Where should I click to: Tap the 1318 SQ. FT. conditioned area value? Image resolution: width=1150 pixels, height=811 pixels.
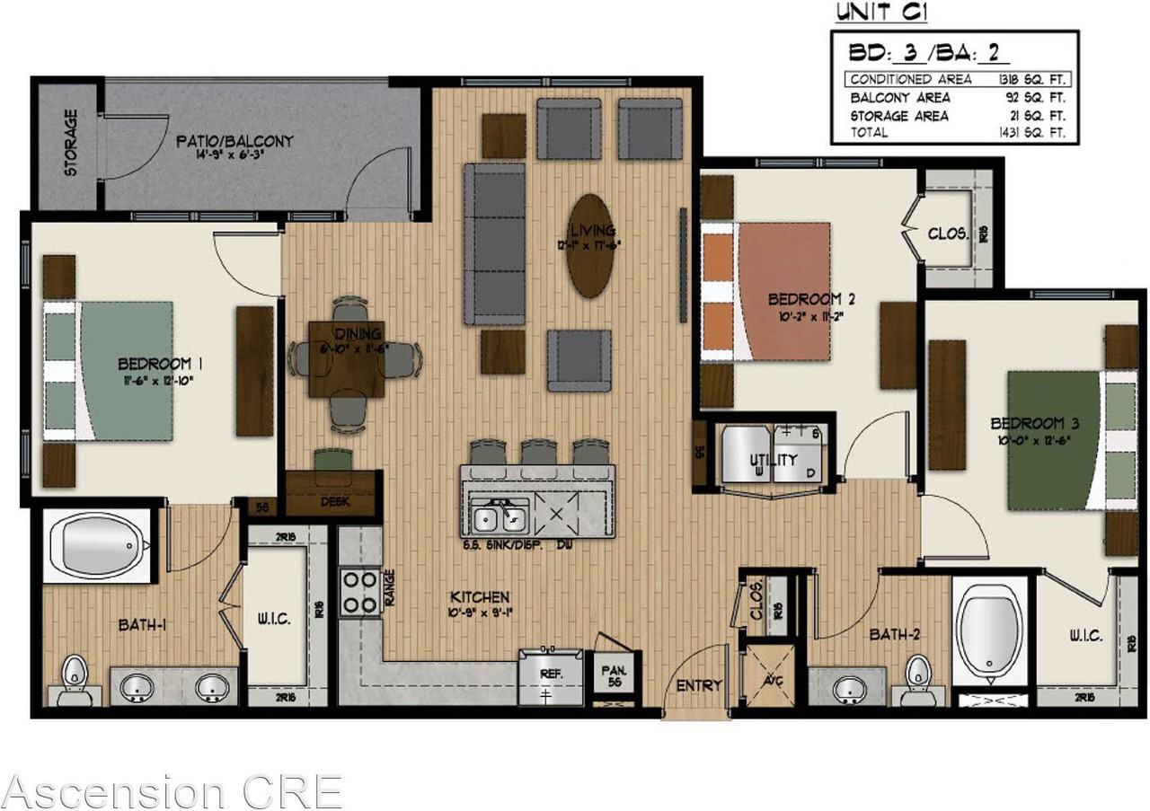pyautogui.click(x=1031, y=79)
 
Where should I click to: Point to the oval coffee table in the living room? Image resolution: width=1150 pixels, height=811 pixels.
pyautogui.click(x=590, y=245)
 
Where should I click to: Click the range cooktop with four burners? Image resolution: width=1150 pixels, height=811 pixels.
pyautogui.click(x=359, y=592)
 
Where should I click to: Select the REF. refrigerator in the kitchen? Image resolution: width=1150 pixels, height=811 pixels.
pyautogui.click(x=549, y=678)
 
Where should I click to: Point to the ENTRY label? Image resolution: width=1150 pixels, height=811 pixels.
pyautogui.click(x=699, y=686)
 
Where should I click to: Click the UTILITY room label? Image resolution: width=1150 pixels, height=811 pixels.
pyautogui.click(x=774, y=461)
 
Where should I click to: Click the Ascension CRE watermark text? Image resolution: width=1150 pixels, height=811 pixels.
pyautogui.click(x=171, y=791)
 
